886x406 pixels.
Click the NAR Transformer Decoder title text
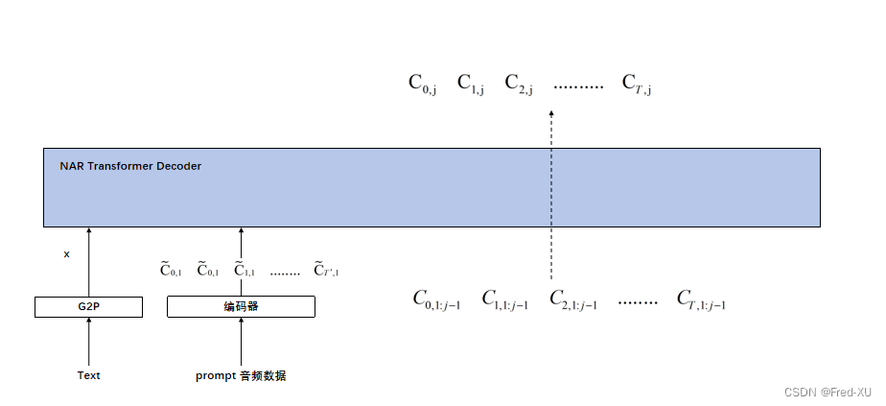pyautogui.click(x=130, y=166)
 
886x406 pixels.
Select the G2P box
pyautogui.click(x=88, y=307)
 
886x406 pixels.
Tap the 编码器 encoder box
pyautogui.click(x=241, y=307)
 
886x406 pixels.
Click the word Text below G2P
pyautogui.click(x=88, y=375)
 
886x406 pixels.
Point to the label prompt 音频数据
pyautogui.click(x=241, y=375)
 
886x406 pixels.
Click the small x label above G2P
pyautogui.click(x=66, y=254)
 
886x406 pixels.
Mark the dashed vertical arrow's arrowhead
pyautogui.click(x=551, y=114)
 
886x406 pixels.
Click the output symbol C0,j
pyautogui.click(x=423, y=84)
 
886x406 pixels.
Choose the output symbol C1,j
pyautogui.click(x=470, y=84)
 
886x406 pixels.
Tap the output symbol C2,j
pyautogui.click(x=518, y=84)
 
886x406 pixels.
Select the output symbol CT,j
pyautogui.click(x=637, y=84)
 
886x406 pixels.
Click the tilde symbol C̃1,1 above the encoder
pyautogui.click(x=244, y=271)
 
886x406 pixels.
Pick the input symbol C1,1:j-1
pyautogui.click(x=504, y=300)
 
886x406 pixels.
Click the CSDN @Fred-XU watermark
pyautogui.click(x=828, y=392)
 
